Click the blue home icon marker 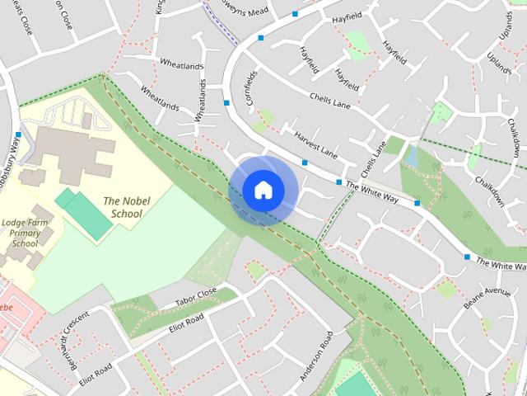click(x=263, y=190)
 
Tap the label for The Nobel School click(x=123, y=206)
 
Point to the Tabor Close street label click(x=195, y=297)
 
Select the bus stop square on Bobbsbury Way click(x=18, y=135)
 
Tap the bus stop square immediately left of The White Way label click(x=338, y=181)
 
